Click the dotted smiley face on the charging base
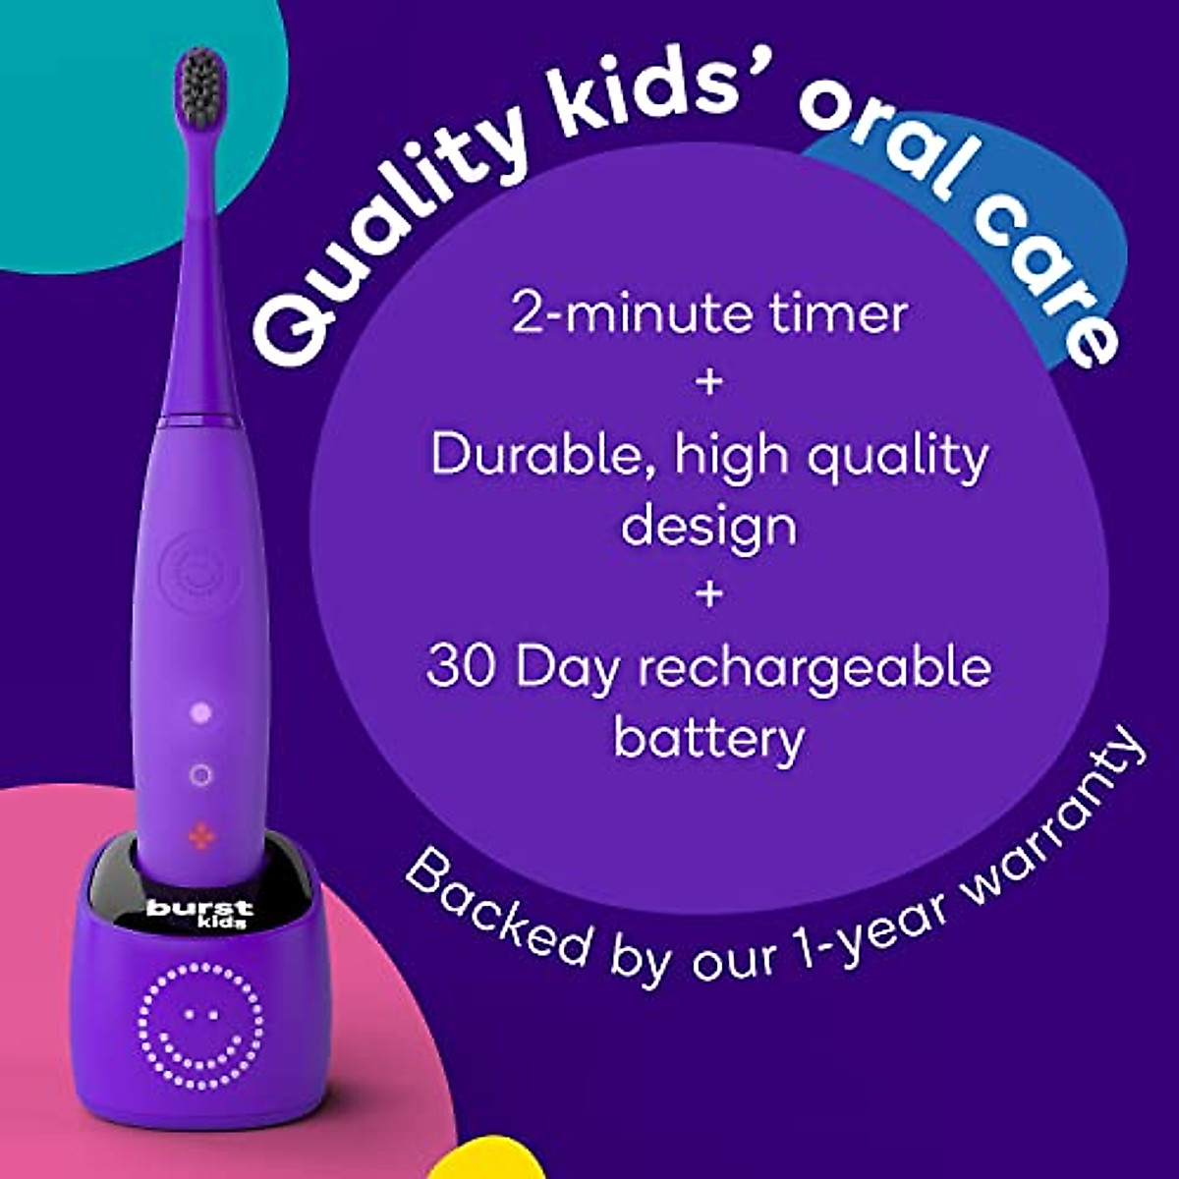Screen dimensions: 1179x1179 (x=201, y=1028)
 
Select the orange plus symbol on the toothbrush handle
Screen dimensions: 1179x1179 (x=200, y=836)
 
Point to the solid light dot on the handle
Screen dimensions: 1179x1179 (x=202, y=712)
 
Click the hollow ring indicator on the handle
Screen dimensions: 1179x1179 (x=200, y=775)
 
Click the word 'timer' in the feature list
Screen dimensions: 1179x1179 (x=839, y=313)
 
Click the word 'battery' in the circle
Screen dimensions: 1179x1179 (x=708, y=739)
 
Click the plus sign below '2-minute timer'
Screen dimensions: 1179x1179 (x=709, y=383)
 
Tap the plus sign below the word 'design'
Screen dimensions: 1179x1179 (x=709, y=594)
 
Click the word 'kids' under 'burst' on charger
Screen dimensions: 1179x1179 (x=224, y=923)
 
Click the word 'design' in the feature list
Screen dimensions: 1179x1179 (x=708, y=528)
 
